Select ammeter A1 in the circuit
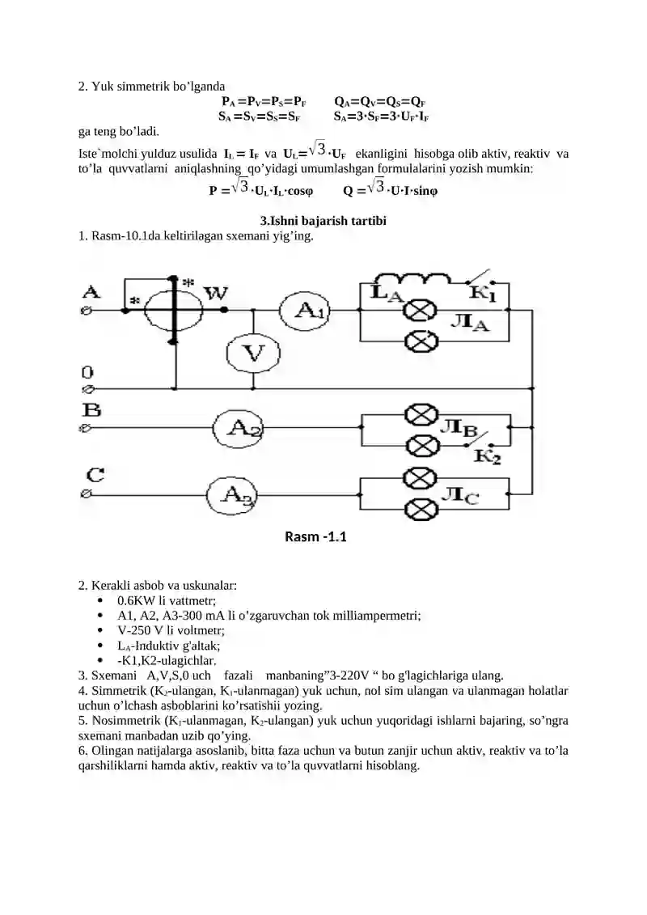[305, 311]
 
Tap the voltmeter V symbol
[253, 353]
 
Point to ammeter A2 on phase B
[238, 428]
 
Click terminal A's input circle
[86, 311]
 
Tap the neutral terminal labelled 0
[86, 388]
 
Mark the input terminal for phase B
[86, 428]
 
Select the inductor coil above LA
[412, 279]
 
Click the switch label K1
[484, 294]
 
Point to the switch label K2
[487, 455]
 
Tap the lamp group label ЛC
[460, 496]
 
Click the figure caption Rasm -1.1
[315, 537]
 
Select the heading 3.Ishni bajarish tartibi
[323, 221]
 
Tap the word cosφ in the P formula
[300, 192]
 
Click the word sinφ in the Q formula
[425, 192]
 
